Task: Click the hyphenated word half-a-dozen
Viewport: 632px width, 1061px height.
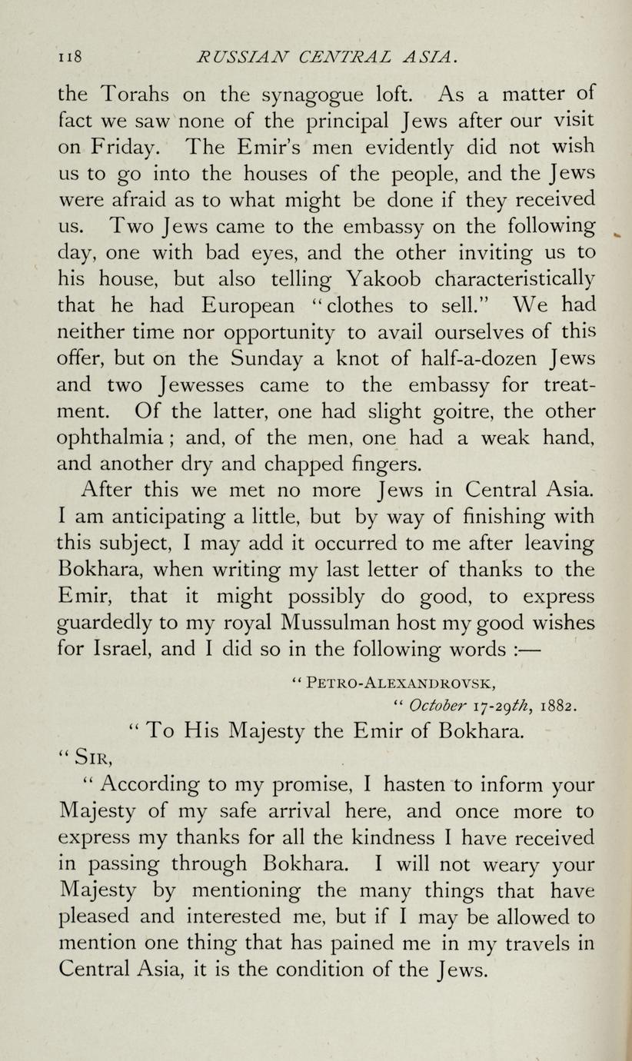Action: tap(443, 359)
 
